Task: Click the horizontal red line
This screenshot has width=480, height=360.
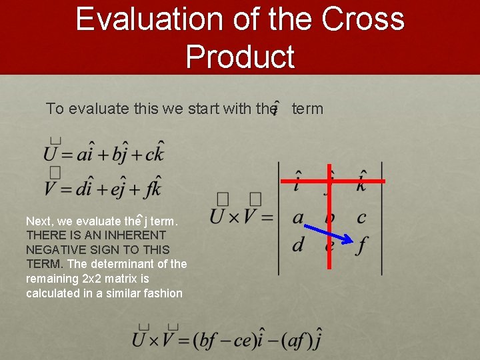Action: (333, 181)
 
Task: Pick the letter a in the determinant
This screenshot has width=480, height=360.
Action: (298, 217)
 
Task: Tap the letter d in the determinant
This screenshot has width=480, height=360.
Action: (298, 244)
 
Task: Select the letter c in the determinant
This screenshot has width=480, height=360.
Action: (361, 217)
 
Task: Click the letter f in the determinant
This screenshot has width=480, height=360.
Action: (361, 245)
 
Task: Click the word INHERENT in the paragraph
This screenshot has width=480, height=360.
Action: (133, 235)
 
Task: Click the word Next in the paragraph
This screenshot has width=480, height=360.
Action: (39, 221)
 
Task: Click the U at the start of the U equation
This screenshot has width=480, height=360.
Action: (51, 155)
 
